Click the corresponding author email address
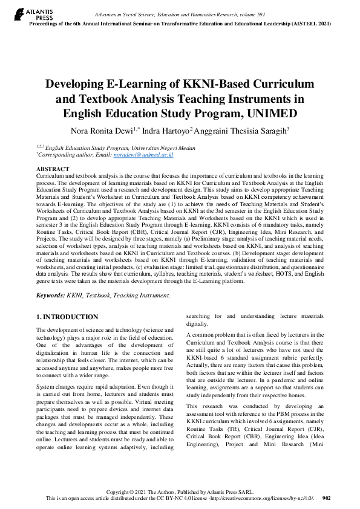click(x=154, y=155)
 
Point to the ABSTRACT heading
click(x=53, y=169)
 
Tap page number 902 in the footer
click(x=327, y=498)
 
